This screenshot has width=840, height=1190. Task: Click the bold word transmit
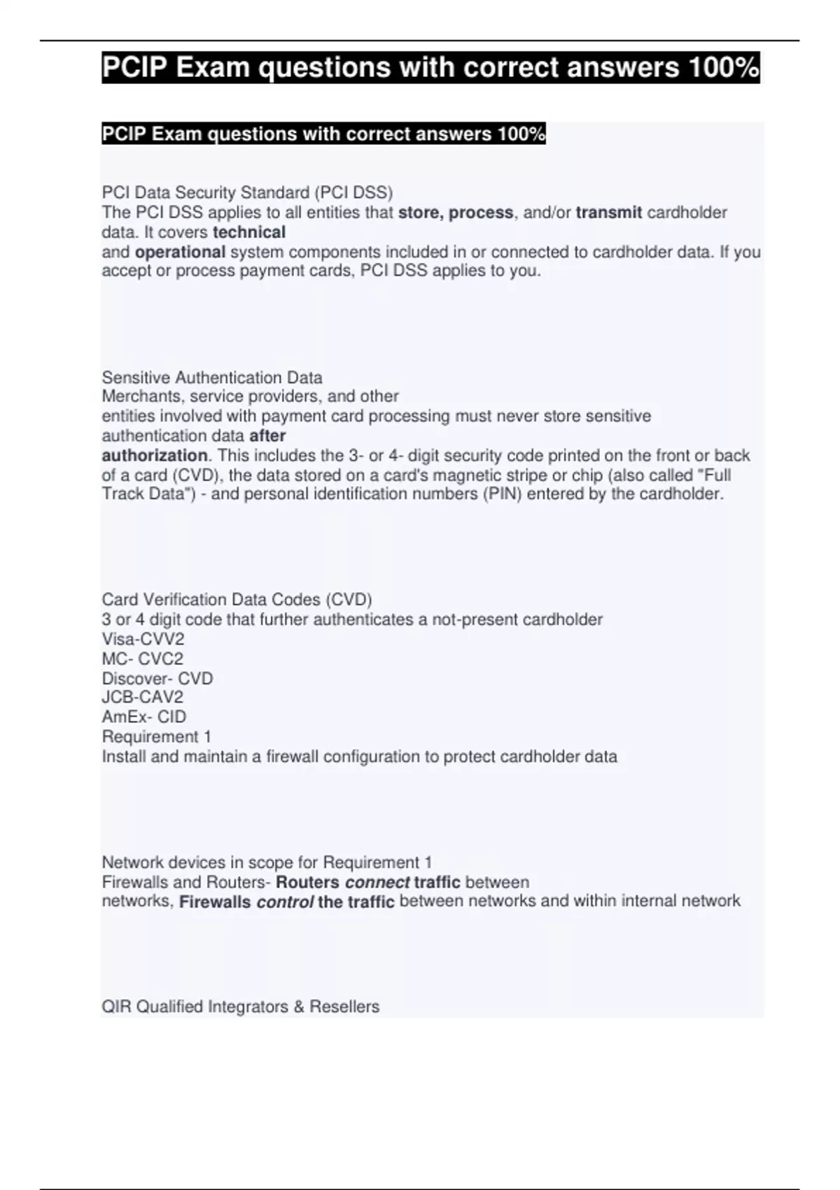pyautogui.click(x=608, y=212)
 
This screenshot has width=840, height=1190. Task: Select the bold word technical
pyautogui.click(x=249, y=232)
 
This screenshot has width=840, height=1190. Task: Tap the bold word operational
pyautogui.click(x=180, y=252)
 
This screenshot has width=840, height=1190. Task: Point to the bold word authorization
pyautogui.click(x=154, y=455)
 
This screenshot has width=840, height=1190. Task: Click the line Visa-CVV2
pyautogui.click(x=143, y=638)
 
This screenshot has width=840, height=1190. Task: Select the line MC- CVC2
pyautogui.click(x=143, y=659)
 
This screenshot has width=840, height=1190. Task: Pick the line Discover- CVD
pyautogui.click(x=157, y=678)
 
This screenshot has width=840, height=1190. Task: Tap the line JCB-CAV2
pyautogui.click(x=143, y=697)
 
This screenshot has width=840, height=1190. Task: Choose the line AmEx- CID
pyautogui.click(x=144, y=717)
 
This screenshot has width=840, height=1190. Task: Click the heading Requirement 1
pyautogui.click(x=157, y=736)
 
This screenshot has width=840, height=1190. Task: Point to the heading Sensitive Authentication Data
pyautogui.click(x=212, y=377)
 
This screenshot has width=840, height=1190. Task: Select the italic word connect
pyautogui.click(x=377, y=882)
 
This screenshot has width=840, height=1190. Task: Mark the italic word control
pyautogui.click(x=285, y=902)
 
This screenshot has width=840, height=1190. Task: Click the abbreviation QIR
pyautogui.click(x=117, y=1007)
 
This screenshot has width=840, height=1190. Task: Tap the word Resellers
pyautogui.click(x=344, y=1007)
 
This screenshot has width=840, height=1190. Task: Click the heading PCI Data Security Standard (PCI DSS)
pyautogui.click(x=248, y=192)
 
